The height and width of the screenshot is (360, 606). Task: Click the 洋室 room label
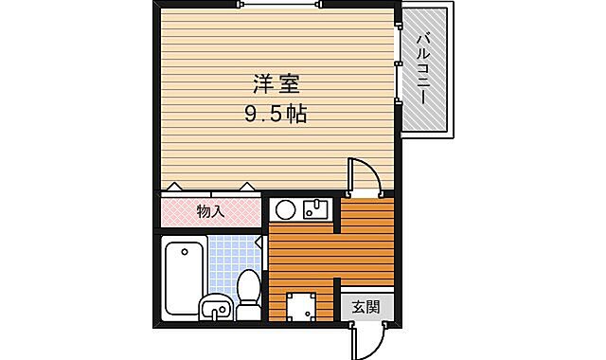274,82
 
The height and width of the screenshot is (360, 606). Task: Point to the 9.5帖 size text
274,115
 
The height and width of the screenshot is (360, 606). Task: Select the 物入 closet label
209,211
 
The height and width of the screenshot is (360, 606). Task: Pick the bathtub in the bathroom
184,277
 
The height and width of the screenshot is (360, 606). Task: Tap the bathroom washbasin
216,307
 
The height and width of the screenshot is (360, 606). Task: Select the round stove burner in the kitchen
287,209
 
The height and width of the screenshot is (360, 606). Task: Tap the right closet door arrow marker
246,188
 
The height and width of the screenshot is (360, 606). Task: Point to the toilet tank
248,311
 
